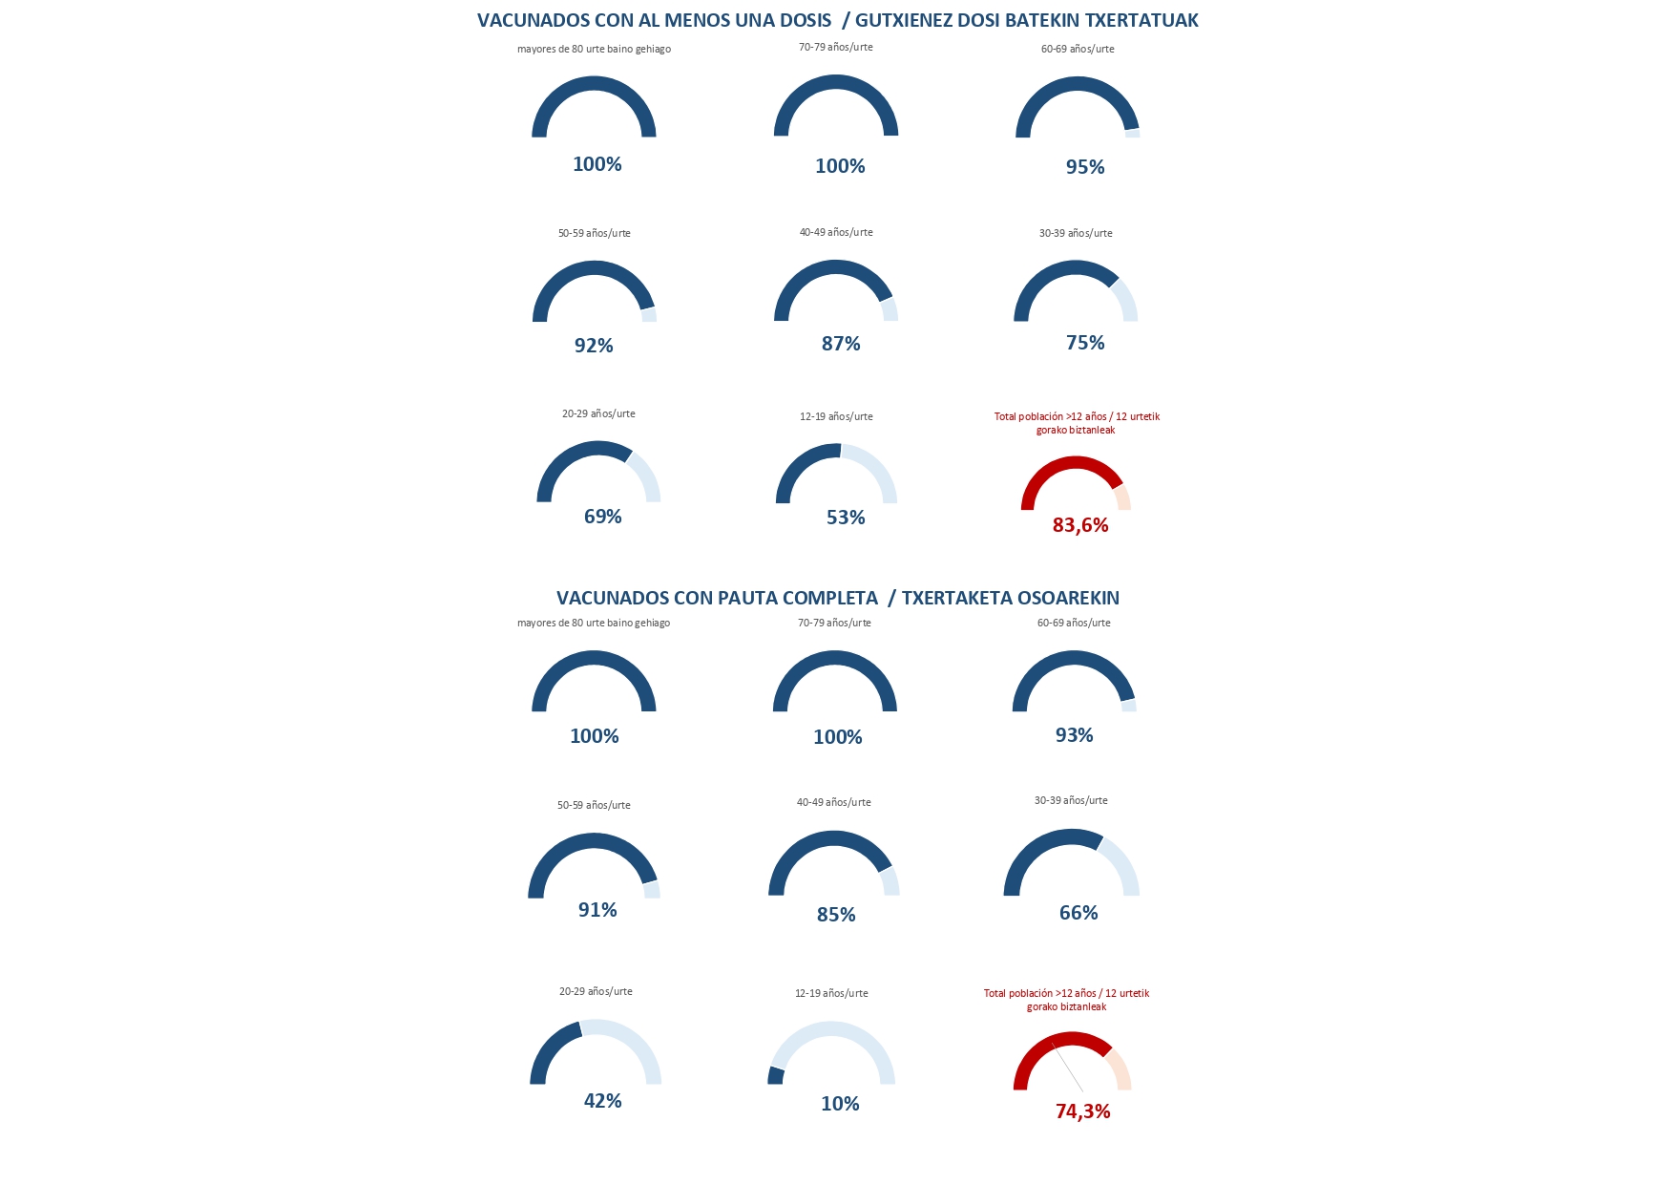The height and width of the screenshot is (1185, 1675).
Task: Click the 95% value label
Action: click(x=1085, y=167)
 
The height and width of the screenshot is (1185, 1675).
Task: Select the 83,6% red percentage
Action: click(x=1080, y=525)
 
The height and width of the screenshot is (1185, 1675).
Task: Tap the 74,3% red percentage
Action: click(x=1082, y=1111)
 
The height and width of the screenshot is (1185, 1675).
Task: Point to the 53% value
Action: click(x=846, y=518)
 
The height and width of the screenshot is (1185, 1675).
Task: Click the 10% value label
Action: click(x=840, y=1104)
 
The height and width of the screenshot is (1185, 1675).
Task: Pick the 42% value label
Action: click(x=602, y=1101)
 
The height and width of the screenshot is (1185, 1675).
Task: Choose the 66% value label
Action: click(x=1078, y=913)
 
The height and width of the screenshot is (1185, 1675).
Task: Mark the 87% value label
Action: click(x=841, y=344)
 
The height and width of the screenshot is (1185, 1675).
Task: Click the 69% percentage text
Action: click(x=602, y=517)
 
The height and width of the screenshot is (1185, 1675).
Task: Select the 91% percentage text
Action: click(x=597, y=910)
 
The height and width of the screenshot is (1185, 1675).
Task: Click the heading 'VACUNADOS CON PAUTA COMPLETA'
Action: click(x=717, y=598)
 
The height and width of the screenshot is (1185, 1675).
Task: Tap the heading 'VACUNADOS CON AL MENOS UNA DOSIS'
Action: click(x=654, y=20)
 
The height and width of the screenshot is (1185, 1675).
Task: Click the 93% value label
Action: click(x=1074, y=735)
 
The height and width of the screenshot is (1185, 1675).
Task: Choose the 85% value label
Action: click(x=836, y=915)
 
